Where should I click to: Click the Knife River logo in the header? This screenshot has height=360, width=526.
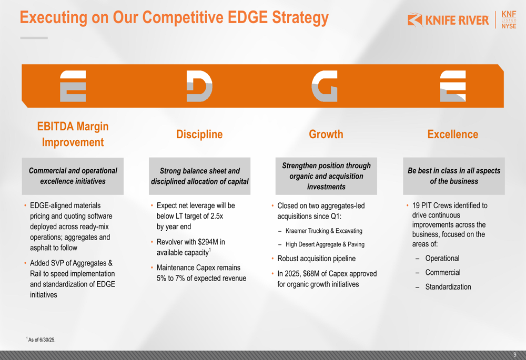click(x=448, y=20)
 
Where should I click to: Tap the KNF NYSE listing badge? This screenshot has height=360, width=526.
click(x=509, y=20)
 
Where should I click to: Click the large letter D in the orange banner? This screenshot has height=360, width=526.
click(x=199, y=86)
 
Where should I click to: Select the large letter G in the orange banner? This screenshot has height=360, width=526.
click(x=325, y=86)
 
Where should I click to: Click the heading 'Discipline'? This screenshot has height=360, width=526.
click(x=199, y=134)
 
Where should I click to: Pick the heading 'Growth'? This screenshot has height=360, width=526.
click(x=326, y=134)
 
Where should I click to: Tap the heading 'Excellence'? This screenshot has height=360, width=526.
click(x=453, y=134)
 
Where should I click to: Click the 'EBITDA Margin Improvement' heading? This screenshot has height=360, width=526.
click(x=73, y=134)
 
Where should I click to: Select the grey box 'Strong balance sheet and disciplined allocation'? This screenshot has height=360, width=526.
click(x=199, y=176)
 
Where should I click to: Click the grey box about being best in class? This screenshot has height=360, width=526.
click(x=454, y=176)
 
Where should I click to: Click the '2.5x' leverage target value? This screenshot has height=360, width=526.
click(x=217, y=216)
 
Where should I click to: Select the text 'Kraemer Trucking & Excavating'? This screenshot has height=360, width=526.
click(x=324, y=231)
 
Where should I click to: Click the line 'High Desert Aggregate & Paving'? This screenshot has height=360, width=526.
click(x=325, y=244)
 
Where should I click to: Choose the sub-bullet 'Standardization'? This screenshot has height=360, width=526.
click(x=448, y=287)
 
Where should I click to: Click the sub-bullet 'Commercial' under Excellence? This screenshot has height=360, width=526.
click(x=443, y=273)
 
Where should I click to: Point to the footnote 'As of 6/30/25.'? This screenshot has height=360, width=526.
click(x=41, y=340)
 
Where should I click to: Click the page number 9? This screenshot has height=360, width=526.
click(x=515, y=355)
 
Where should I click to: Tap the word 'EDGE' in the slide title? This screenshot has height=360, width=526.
click(x=248, y=17)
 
